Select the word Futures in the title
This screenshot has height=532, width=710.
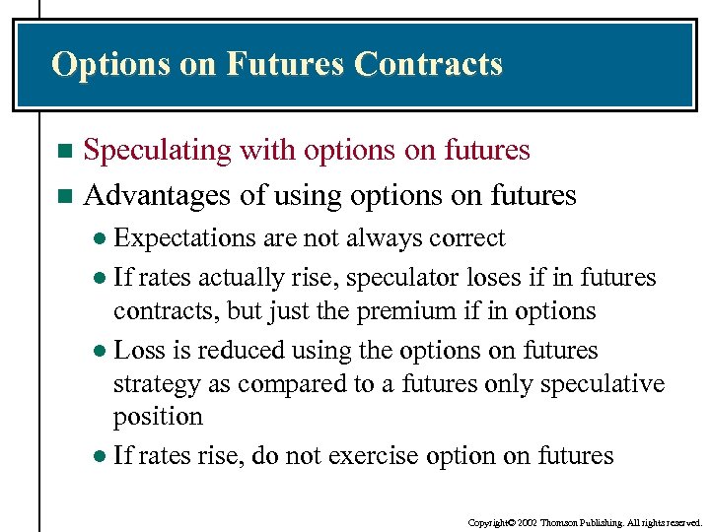point(286,64)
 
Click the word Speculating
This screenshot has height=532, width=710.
point(156,151)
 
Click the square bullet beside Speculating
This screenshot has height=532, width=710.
point(65,152)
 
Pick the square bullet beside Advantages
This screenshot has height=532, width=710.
point(65,196)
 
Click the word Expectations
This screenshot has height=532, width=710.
point(184,238)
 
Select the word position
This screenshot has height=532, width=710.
point(158,417)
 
